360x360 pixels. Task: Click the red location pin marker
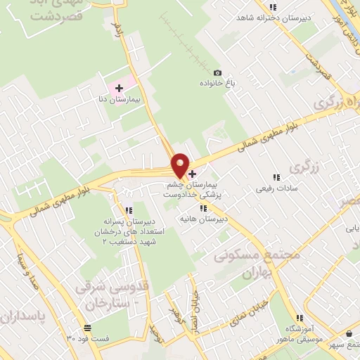(x=181, y=165)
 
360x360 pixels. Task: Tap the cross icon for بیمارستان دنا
(x=119, y=89)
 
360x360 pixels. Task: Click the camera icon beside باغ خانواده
(x=217, y=73)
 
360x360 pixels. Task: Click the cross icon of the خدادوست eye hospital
(x=192, y=173)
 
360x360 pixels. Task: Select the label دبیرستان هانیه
(x=204, y=219)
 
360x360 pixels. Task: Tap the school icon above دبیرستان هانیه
(x=203, y=208)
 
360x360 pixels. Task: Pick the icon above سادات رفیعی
(x=274, y=178)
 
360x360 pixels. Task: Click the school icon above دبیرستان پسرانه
(x=128, y=210)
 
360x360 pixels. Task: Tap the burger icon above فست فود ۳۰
(x=87, y=328)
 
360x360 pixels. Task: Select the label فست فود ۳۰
(x=88, y=338)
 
